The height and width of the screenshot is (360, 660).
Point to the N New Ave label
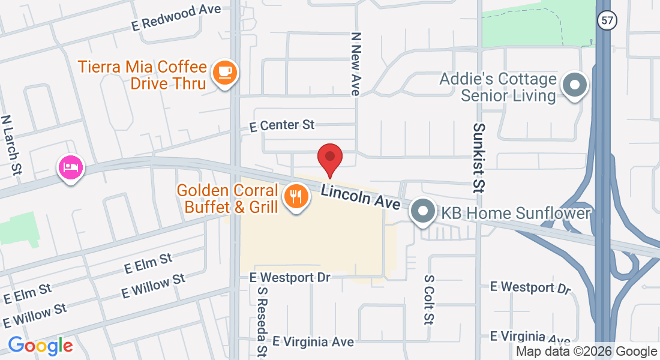[x=355, y=64]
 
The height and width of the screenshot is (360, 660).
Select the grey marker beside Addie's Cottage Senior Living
[x=575, y=85]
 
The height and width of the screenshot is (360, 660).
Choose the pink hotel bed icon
[x=71, y=167]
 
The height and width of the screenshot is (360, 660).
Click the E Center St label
[x=282, y=125]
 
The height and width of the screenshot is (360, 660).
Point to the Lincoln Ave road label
[x=361, y=197]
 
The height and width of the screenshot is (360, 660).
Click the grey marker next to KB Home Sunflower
[x=424, y=211]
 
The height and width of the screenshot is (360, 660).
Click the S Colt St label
[x=428, y=299]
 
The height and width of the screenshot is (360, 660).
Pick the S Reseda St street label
[x=262, y=321]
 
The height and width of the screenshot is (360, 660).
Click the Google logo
[x=40, y=346]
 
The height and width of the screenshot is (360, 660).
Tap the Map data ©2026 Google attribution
[x=587, y=352]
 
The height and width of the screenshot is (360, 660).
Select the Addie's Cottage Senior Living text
[x=499, y=87]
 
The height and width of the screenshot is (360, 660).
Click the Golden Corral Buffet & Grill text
[x=228, y=199]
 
